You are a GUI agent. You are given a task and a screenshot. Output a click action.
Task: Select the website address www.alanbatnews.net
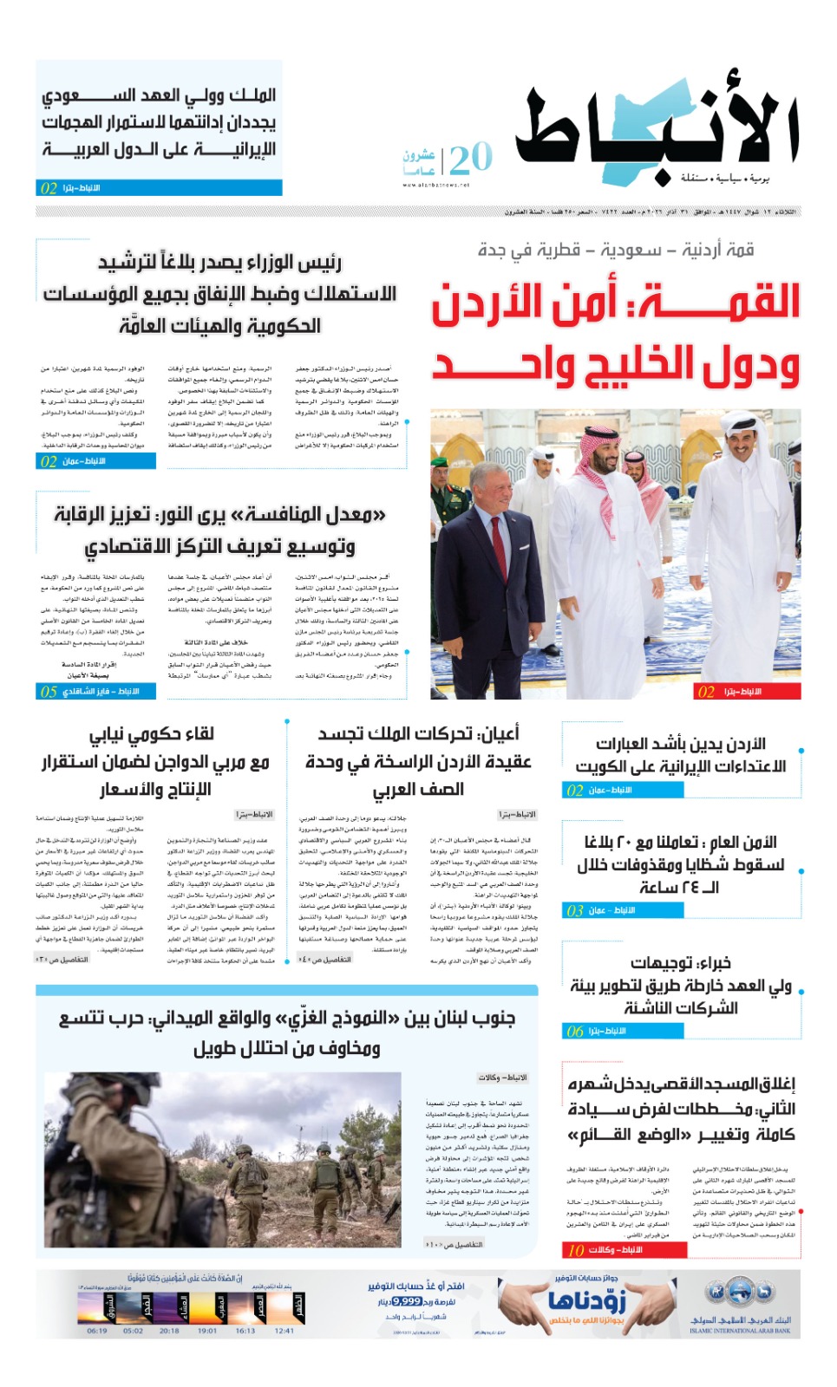coord(435,185)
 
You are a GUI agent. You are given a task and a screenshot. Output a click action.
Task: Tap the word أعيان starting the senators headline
coord(500,734)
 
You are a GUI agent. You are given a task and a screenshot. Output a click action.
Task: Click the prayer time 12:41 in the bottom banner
coord(284,1331)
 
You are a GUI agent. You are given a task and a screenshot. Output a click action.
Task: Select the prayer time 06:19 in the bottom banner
coord(97,1331)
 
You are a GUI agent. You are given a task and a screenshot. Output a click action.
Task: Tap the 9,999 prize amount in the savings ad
coord(406,1301)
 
